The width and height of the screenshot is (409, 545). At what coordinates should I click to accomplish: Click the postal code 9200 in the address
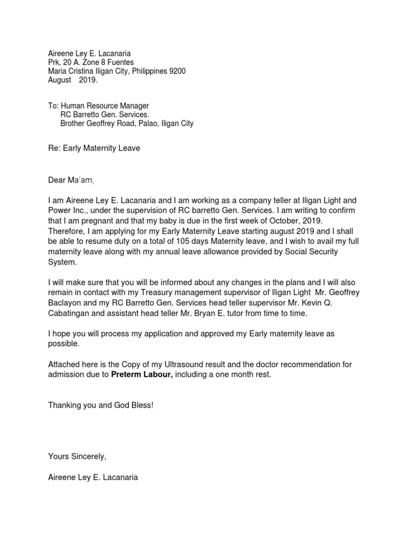pyautogui.click(x=177, y=71)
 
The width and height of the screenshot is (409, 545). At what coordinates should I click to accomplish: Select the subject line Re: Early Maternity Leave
pyautogui.click(x=94, y=148)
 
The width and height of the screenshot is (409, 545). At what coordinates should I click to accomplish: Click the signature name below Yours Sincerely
pyautogui.click(x=93, y=477)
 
